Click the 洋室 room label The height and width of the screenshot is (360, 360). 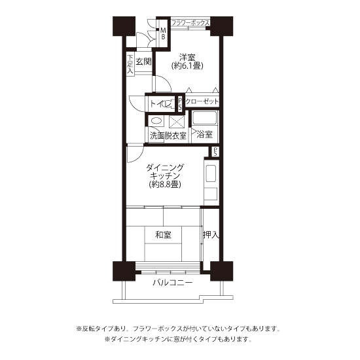click(x=187, y=58)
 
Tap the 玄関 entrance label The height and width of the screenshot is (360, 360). click(x=143, y=62)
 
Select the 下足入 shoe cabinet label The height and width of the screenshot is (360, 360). click(x=130, y=64)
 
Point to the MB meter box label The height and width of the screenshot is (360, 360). click(x=163, y=33)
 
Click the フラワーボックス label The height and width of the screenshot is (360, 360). click(x=190, y=23)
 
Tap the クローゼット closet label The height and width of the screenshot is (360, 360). click(x=202, y=101)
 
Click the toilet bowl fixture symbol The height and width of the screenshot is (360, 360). click(x=167, y=104)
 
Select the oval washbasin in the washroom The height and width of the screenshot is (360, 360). click(x=156, y=121)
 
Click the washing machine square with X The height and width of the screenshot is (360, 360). click(x=177, y=122)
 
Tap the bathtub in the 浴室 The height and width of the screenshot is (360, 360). click(x=204, y=118)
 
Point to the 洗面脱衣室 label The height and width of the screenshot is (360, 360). click(x=168, y=135)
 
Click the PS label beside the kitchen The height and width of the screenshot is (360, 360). click(x=215, y=152)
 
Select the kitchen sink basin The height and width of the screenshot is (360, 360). click(x=211, y=173)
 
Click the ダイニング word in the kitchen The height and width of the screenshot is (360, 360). click(x=165, y=168)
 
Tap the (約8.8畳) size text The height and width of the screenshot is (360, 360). click(x=165, y=184)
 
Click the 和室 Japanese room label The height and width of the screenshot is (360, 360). click(x=163, y=235)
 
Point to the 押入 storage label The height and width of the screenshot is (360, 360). click(x=210, y=234)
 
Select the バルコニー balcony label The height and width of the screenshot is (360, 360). click(x=173, y=282)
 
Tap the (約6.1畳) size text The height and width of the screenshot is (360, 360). click(x=187, y=66)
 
